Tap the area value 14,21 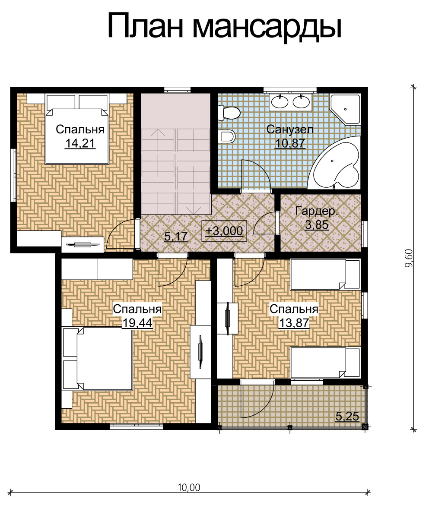click(x=80, y=143)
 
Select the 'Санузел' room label click(x=290, y=129)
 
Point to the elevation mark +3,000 click(x=224, y=231)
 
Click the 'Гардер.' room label click(x=317, y=211)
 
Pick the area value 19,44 click(x=137, y=323)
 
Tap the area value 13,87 click(x=294, y=323)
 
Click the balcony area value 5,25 click(x=347, y=417)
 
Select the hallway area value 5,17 click(x=176, y=237)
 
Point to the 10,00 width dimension click(x=189, y=488)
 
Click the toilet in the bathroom click(x=229, y=113)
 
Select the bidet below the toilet click(x=226, y=136)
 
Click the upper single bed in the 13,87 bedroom click(x=325, y=275)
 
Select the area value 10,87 click(x=290, y=143)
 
